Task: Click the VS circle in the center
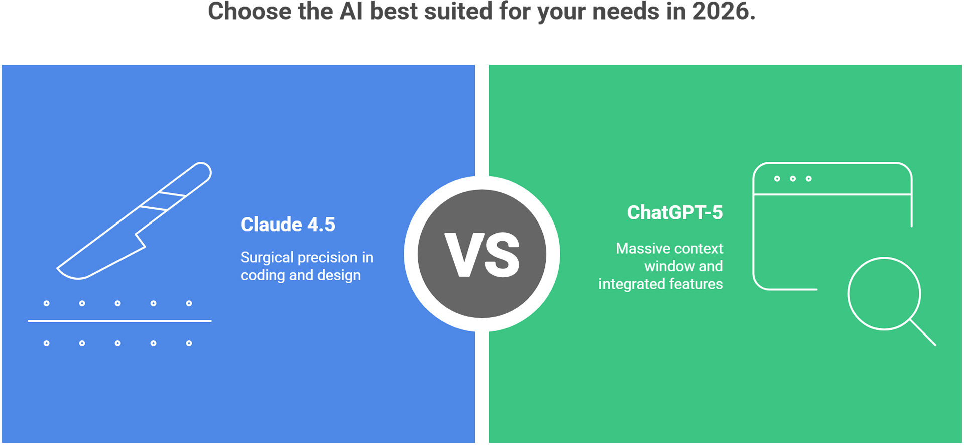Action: (482, 254)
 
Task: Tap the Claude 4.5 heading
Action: (288, 225)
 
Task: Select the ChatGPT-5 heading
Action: (675, 212)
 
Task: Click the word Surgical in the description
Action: (267, 258)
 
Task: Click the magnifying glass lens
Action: (884, 294)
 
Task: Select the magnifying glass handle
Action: (923, 333)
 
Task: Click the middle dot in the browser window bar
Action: (793, 179)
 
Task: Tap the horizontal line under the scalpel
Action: (119, 321)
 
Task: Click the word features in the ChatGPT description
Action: (696, 284)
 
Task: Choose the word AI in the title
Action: (351, 11)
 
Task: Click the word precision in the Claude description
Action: (327, 258)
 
